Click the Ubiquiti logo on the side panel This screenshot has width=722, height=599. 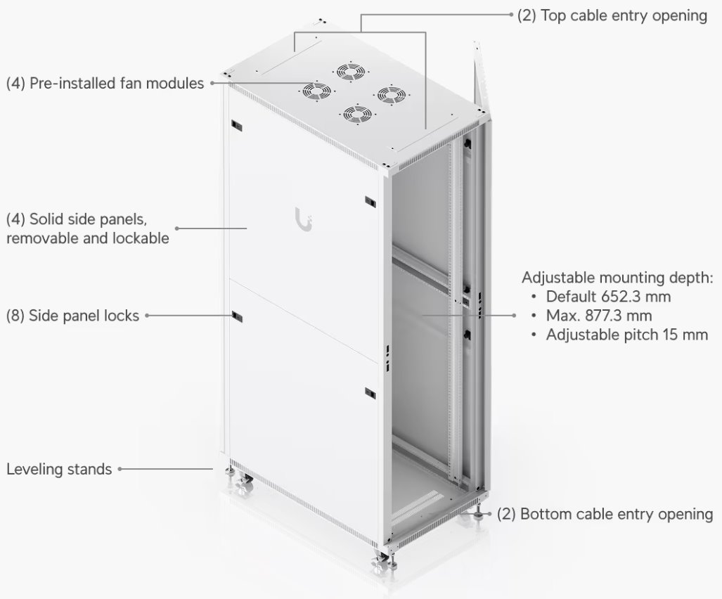303,219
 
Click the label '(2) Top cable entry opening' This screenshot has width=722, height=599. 612,15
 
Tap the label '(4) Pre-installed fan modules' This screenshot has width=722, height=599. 105,83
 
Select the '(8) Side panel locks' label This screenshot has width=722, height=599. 73,316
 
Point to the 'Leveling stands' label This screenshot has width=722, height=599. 59,468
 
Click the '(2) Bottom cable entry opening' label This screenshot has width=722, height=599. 605,514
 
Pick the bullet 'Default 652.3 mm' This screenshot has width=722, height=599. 608,296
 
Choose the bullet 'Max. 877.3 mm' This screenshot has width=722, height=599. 599,315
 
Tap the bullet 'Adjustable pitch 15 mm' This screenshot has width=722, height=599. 626,334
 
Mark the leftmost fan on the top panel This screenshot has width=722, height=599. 317,91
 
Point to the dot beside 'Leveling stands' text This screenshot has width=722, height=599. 120,468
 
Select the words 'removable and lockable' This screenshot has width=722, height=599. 88,238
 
